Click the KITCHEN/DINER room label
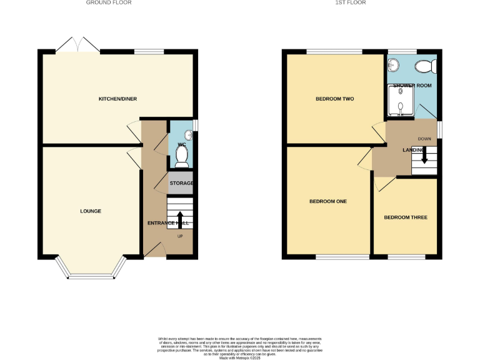(117, 99)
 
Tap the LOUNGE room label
(91, 211)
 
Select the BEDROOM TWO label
(330, 99)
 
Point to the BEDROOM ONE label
(328, 201)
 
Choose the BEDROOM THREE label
(406, 217)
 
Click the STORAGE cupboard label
(181, 183)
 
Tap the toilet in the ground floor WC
(182, 160)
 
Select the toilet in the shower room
(428, 65)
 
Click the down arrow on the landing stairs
(424, 154)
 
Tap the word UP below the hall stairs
(181, 236)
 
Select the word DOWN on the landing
(424, 139)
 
